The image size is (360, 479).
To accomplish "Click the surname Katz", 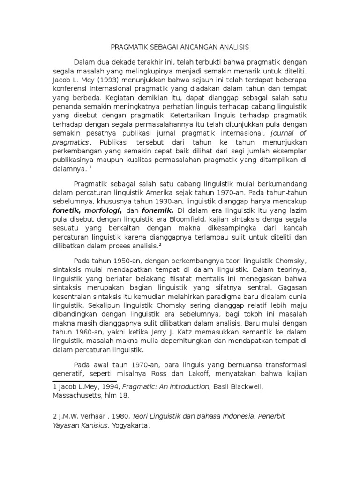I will click(x=195, y=332).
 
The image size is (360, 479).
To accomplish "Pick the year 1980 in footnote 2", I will click(x=121, y=416).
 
